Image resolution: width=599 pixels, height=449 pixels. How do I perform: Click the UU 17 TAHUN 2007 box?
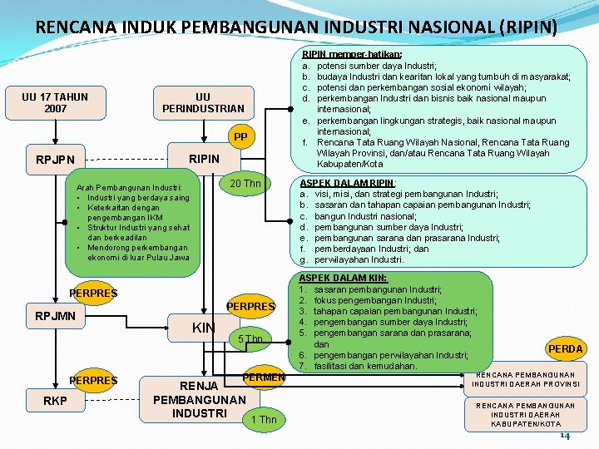[56, 102]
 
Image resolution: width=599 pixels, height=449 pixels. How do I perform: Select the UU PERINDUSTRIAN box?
[203, 102]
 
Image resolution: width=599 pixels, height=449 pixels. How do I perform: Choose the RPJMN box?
[56, 316]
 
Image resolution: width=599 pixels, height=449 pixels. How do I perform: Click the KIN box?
[204, 328]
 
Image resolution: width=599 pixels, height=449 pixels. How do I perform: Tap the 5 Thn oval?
[250, 339]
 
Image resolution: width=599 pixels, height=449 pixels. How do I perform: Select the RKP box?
[56, 402]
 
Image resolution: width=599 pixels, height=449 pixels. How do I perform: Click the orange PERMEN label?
[263, 378]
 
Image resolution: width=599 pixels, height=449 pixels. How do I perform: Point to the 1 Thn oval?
[264, 420]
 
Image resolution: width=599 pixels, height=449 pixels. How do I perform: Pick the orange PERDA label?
[566, 349]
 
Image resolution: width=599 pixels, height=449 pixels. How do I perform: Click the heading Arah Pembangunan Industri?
[128, 176]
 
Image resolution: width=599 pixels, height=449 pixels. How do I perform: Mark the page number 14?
[565, 436]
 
